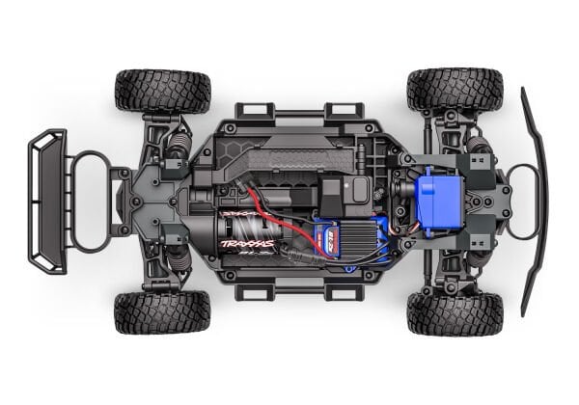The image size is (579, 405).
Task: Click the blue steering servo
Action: point(436,197)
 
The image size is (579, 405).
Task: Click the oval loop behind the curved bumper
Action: point(522,201)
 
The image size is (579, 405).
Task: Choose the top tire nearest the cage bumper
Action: point(162,91)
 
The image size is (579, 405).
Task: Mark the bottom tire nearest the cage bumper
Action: point(162,311)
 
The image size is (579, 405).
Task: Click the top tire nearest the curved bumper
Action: point(455,90)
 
